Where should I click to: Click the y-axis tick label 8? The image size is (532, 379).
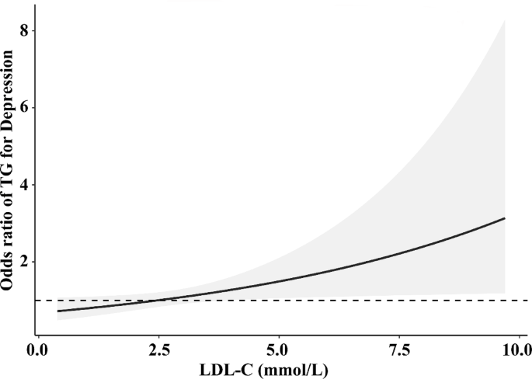23,30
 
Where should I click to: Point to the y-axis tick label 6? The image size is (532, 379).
23,107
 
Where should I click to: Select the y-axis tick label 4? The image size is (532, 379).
23,185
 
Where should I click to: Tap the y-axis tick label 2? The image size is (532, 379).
23,262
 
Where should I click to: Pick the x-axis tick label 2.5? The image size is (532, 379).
158,348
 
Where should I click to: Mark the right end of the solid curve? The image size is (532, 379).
505,218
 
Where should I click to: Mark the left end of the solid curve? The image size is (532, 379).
57,311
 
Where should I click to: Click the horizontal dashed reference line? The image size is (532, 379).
349,300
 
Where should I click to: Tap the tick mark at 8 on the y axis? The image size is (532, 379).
33,30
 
